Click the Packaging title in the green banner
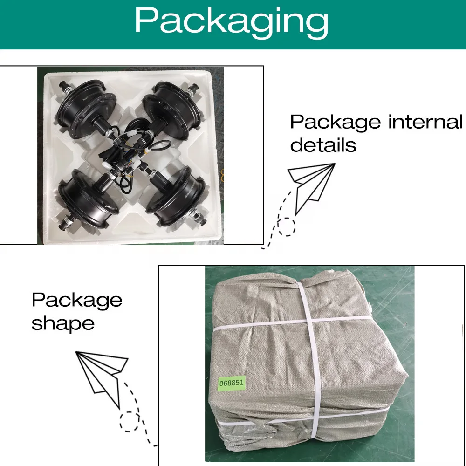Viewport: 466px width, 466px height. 232,21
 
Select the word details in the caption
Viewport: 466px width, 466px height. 323,145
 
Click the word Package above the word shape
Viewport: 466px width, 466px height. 77,301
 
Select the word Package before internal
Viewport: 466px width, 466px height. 335,122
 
